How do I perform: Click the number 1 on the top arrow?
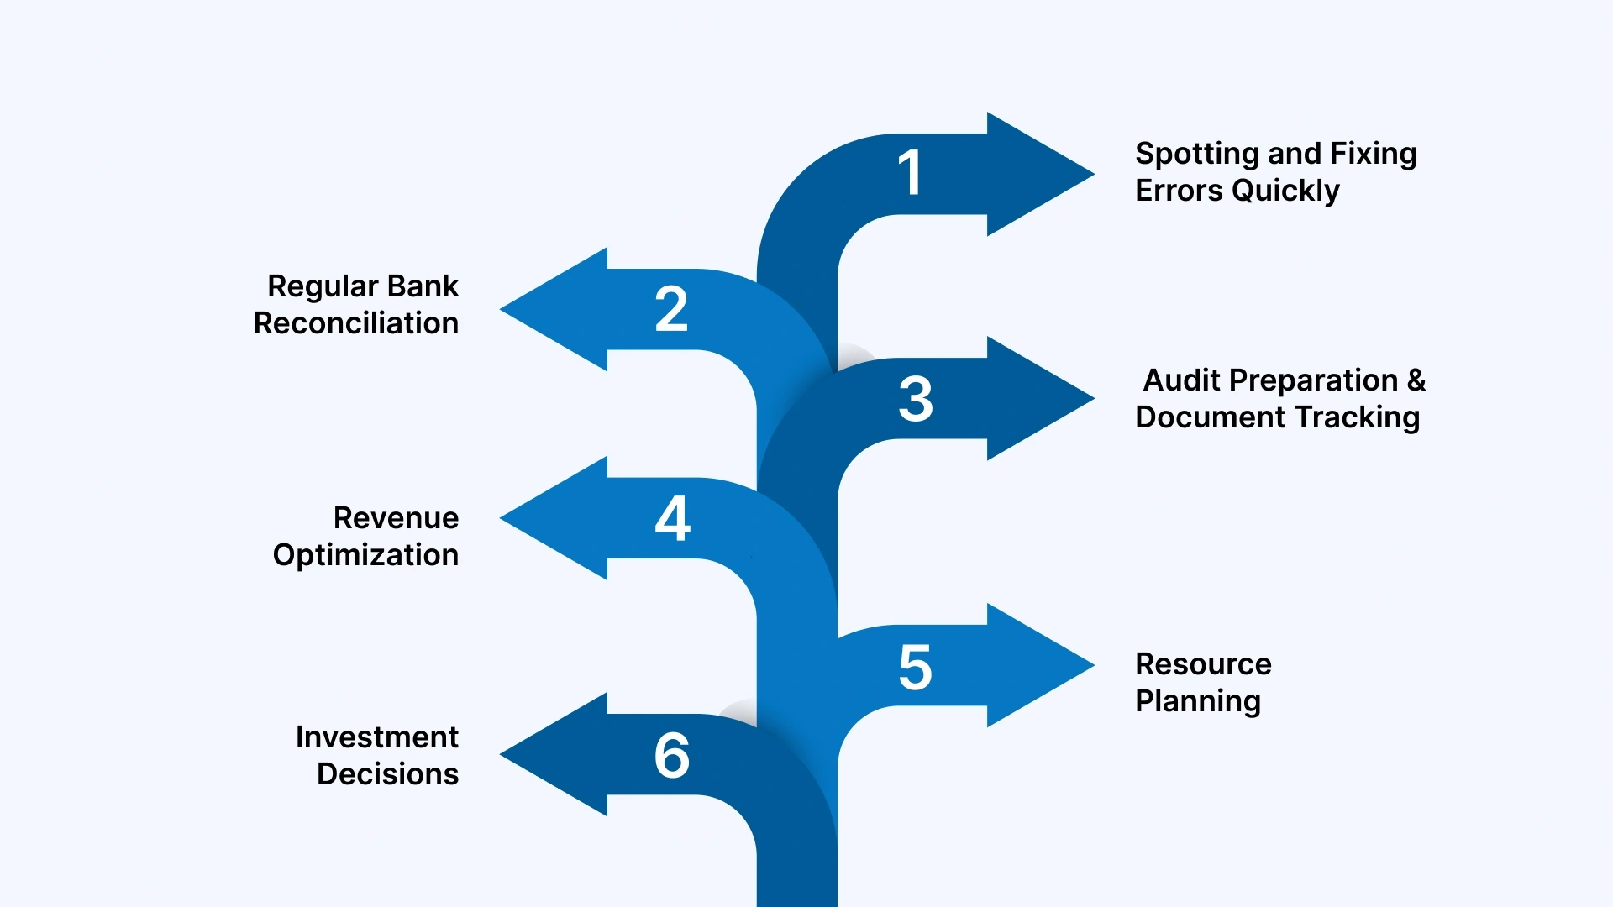[911, 173]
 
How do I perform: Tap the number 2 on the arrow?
[671, 309]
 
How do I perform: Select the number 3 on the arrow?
[916, 399]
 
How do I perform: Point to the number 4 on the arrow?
[673, 517]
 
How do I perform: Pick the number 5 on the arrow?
[916, 668]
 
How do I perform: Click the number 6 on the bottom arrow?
[672, 755]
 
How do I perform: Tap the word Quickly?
[1285, 191]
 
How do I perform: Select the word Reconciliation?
[356, 323]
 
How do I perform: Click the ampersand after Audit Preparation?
[1416, 380]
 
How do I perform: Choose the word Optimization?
[365, 556]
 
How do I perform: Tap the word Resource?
[1203, 664]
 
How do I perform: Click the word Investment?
[376, 737]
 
